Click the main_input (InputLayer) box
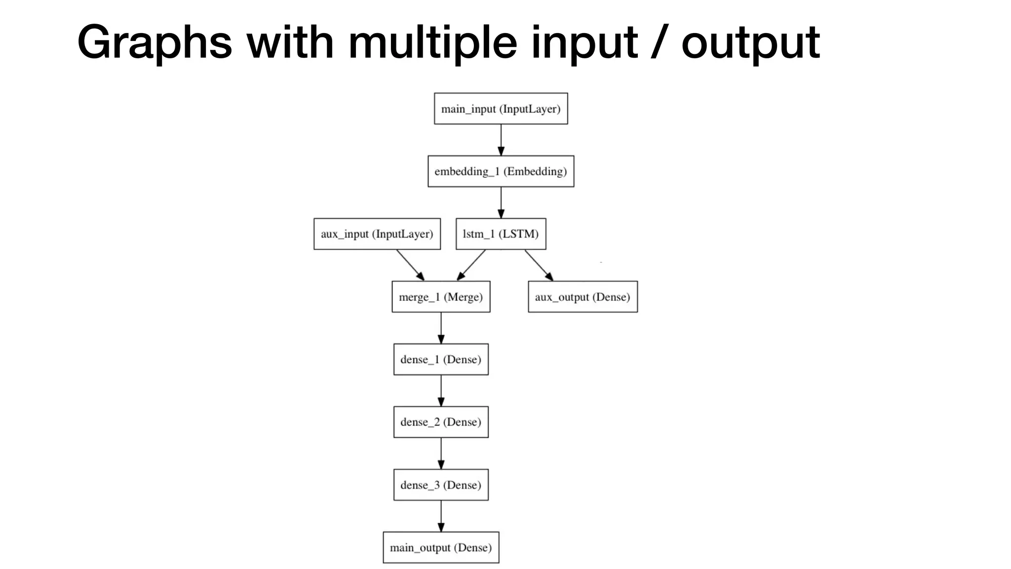[501, 109]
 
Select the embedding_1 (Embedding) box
[501, 171]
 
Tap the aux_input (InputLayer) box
[377, 234]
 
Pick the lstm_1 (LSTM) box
[501, 234]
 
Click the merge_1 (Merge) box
[441, 297]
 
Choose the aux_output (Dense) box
[583, 297]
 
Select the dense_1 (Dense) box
[441, 360]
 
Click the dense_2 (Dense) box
[441, 422]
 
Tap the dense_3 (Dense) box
[441, 485]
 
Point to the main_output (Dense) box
[441, 547]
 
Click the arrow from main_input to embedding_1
[501, 140]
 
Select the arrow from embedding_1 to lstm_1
[501, 203]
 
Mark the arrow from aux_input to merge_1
[410, 265]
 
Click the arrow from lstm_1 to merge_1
[471, 265]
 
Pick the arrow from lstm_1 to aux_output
[539, 265]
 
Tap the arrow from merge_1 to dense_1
[441, 328]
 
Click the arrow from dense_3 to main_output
[441, 516]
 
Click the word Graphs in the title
[155, 43]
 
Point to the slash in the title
[660, 43]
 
